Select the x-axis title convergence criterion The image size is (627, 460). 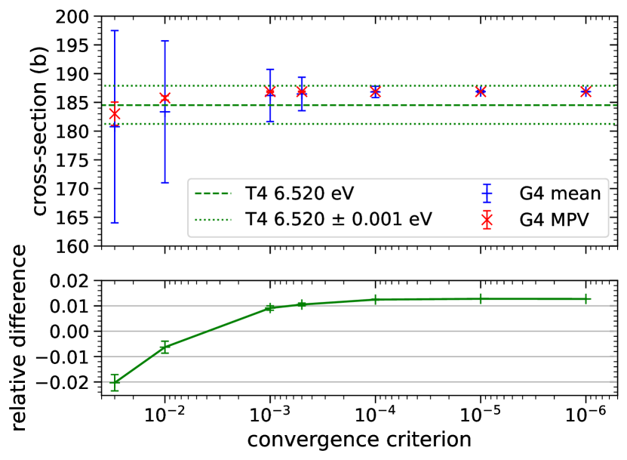359,439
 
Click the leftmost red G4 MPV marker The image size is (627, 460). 115,114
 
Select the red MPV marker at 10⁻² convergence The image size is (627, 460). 164,98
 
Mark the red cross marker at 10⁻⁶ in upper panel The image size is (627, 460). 586,91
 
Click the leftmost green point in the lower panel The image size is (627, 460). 115,382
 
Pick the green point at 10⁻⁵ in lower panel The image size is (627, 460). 480,299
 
